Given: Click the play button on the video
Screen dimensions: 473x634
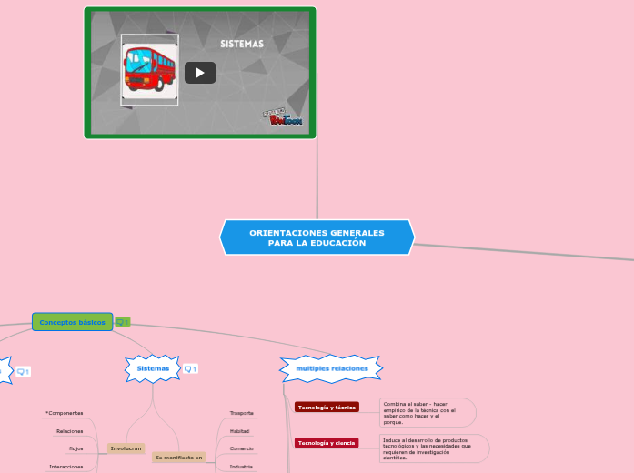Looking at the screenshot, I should pyautogui.click(x=200, y=73).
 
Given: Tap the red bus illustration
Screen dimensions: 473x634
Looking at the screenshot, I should pyautogui.click(x=150, y=69).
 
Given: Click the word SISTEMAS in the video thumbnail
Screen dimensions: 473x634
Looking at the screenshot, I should pyautogui.click(x=242, y=44).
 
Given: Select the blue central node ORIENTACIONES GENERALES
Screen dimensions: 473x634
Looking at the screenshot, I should pyautogui.click(x=317, y=237).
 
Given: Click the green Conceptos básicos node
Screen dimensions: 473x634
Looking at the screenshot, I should pyautogui.click(x=72, y=322).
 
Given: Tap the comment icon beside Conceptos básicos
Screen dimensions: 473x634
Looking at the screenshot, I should pyautogui.click(x=122, y=322).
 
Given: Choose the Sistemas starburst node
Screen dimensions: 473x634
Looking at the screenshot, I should pyautogui.click(x=153, y=368).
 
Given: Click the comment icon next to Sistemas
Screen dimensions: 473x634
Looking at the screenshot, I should pyautogui.click(x=190, y=369).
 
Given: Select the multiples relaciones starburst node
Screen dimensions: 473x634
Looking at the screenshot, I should pyautogui.click(x=332, y=368).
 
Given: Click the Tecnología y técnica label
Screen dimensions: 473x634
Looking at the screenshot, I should pyautogui.click(x=327, y=408).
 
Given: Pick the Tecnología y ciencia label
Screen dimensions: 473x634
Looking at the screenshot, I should pyautogui.click(x=327, y=443).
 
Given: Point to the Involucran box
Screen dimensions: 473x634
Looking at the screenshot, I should pyautogui.click(x=126, y=448).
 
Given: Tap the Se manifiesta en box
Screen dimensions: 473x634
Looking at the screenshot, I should pyautogui.click(x=179, y=458).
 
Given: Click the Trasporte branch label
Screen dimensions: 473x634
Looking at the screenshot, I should pyautogui.click(x=242, y=413).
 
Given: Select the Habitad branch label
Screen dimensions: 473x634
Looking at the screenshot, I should pyautogui.click(x=240, y=431).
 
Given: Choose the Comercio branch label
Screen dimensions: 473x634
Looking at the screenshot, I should pyautogui.click(x=242, y=448).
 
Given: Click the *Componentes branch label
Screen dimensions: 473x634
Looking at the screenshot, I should pyautogui.click(x=65, y=413).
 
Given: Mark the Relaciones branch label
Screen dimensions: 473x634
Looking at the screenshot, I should pyautogui.click(x=69, y=431).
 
